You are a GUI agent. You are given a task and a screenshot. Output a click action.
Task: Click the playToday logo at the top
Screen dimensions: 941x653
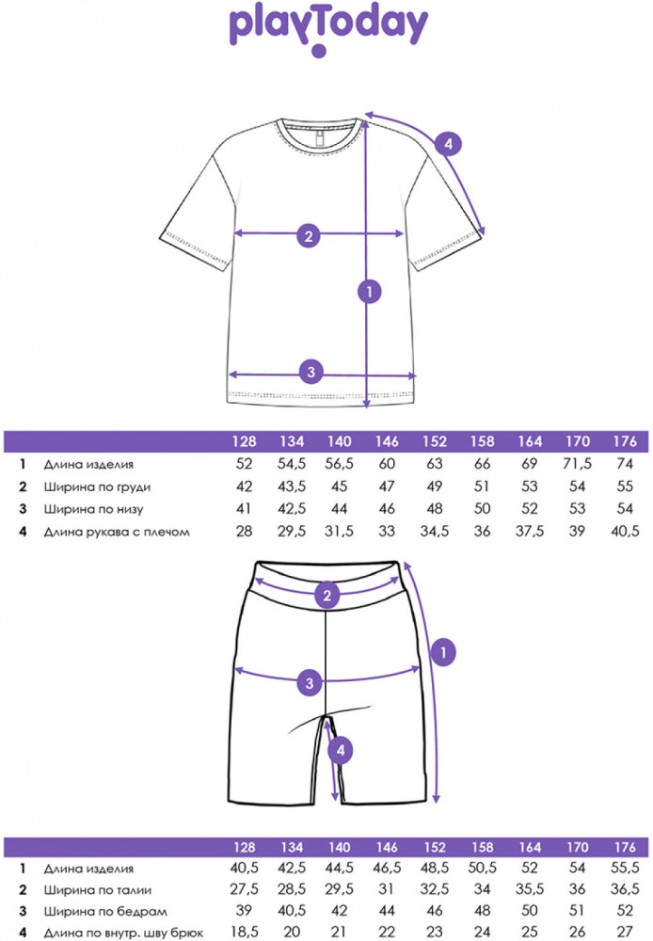click(x=326, y=30)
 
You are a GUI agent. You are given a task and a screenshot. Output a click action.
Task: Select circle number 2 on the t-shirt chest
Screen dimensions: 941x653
click(x=307, y=235)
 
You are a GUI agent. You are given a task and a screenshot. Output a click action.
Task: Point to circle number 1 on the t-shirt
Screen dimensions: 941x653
click(x=371, y=293)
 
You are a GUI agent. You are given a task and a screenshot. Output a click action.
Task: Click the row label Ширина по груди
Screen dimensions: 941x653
click(x=97, y=487)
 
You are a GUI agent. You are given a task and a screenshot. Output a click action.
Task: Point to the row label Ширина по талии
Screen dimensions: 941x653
click(x=97, y=888)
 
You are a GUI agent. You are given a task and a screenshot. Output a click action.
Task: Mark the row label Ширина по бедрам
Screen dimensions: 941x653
click(x=99, y=910)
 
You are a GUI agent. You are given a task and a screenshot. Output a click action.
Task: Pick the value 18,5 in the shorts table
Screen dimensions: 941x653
click(x=245, y=933)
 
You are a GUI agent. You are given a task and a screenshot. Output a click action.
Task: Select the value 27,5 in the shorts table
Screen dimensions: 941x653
click(x=245, y=888)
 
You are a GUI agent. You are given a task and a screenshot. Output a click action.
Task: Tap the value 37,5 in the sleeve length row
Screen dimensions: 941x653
click(x=531, y=532)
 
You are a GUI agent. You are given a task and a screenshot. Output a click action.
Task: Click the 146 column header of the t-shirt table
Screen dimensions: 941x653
click(x=387, y=441)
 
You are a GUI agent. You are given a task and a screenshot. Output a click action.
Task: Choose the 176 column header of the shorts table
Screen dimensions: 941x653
click(x=623, y=844)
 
